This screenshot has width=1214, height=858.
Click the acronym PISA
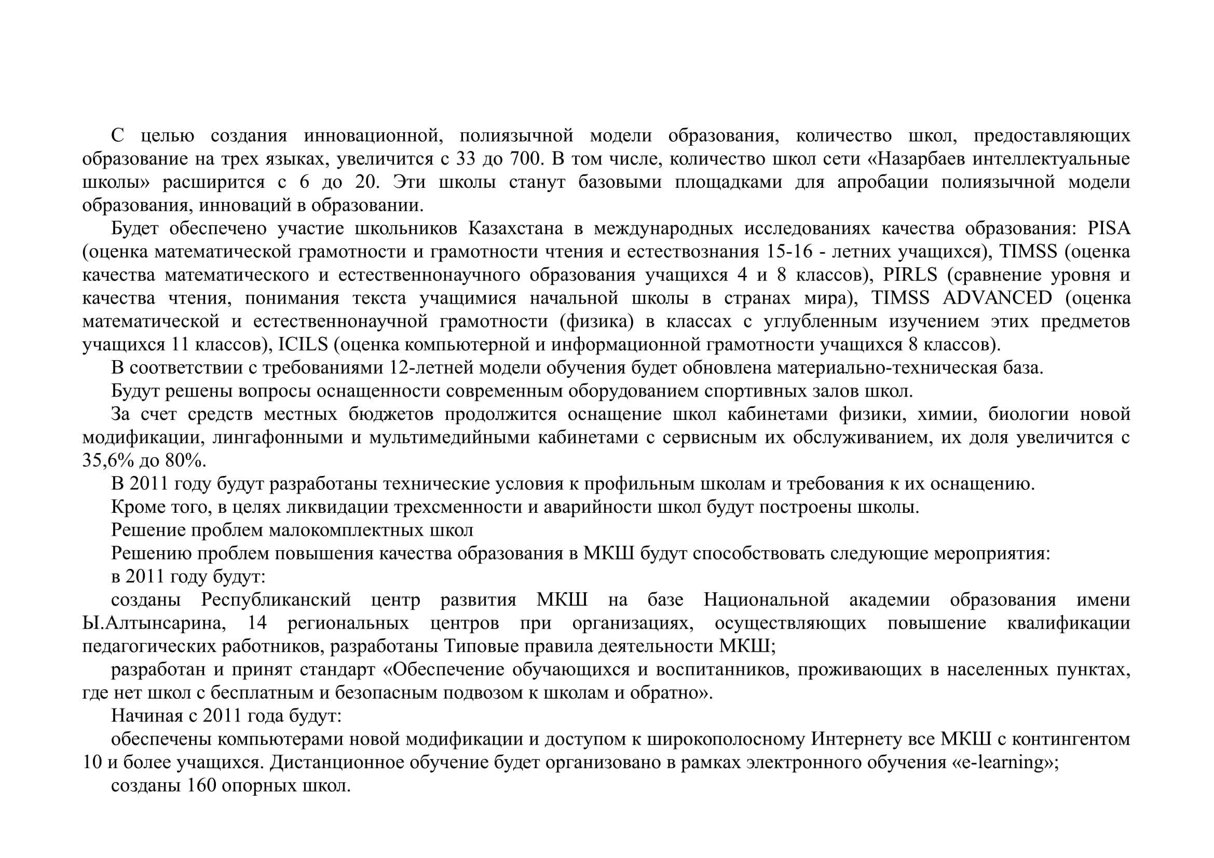(x=1109, y=228)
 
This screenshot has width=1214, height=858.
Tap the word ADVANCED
(x=998, y=298)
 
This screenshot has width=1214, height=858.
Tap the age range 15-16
(x=789, y=252)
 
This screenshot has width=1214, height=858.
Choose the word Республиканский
(x=276, y=600)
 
